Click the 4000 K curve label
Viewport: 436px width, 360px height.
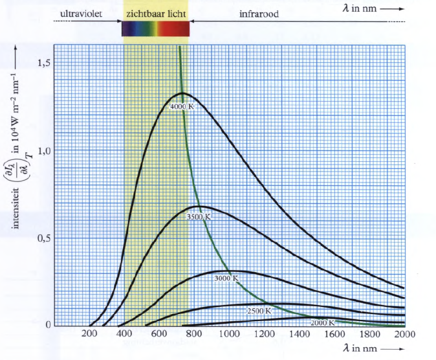182,106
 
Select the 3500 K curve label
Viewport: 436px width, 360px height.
199,218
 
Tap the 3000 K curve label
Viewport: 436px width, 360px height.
226,278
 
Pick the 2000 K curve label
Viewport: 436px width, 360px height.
322,322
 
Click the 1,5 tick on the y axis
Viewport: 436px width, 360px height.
44,63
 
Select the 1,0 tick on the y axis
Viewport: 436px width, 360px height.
44,150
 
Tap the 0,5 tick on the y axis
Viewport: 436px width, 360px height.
44,238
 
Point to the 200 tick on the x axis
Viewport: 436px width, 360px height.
89,334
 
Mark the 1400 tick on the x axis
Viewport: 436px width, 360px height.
300,334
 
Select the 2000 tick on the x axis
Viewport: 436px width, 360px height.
404,334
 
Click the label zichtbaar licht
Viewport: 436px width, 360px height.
155,12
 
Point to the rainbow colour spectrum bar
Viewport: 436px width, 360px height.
156,28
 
